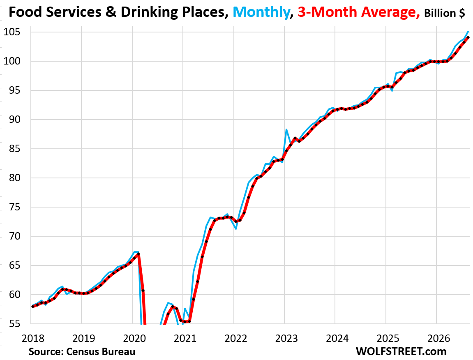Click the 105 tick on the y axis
coord(12,32)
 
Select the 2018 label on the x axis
coord(33,338)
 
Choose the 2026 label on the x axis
coord(439,338)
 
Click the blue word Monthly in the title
coord(261,12)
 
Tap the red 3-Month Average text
coord(359,12)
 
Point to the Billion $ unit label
coord(445,13)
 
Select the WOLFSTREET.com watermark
coord(401,351)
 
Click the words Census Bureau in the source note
coord(101,351)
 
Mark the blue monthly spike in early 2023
coord(286,129)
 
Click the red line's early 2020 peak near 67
coord(138,254)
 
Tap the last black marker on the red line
coord(468,37)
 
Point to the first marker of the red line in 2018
coord(32,306)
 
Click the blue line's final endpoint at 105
coord(468,31)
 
